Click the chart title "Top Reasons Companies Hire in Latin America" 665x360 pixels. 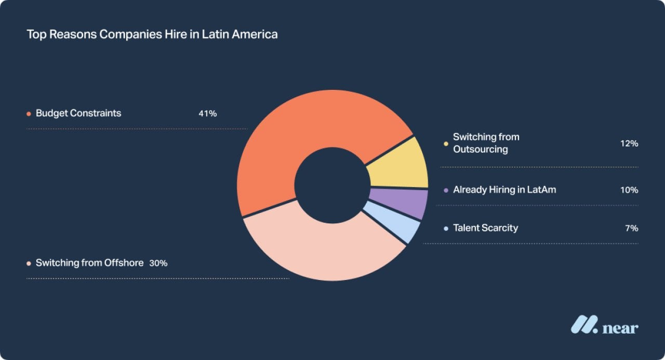click(x=152, y=35)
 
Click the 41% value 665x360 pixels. click(x=207, y=113)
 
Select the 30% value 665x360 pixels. click(x=158, y=263)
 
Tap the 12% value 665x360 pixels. click(x=629, y=143)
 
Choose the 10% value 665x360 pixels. click(x=629, y=190)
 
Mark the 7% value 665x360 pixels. click(x=632, y=228)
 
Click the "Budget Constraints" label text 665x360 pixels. click(x=78, y=113)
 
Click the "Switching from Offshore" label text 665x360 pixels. click(x=89, y=263)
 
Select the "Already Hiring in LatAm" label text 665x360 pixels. click(x=504, y=190)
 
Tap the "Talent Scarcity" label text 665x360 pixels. click(x=485, y=228)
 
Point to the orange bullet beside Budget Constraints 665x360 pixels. click(x=29, y=114)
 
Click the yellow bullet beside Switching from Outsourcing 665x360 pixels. click(x=446, y=144)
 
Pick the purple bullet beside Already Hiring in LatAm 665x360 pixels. click(x=446, y=191)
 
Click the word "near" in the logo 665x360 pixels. click(x=620, y=328)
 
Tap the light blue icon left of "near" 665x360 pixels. click(x=584, y=325)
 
